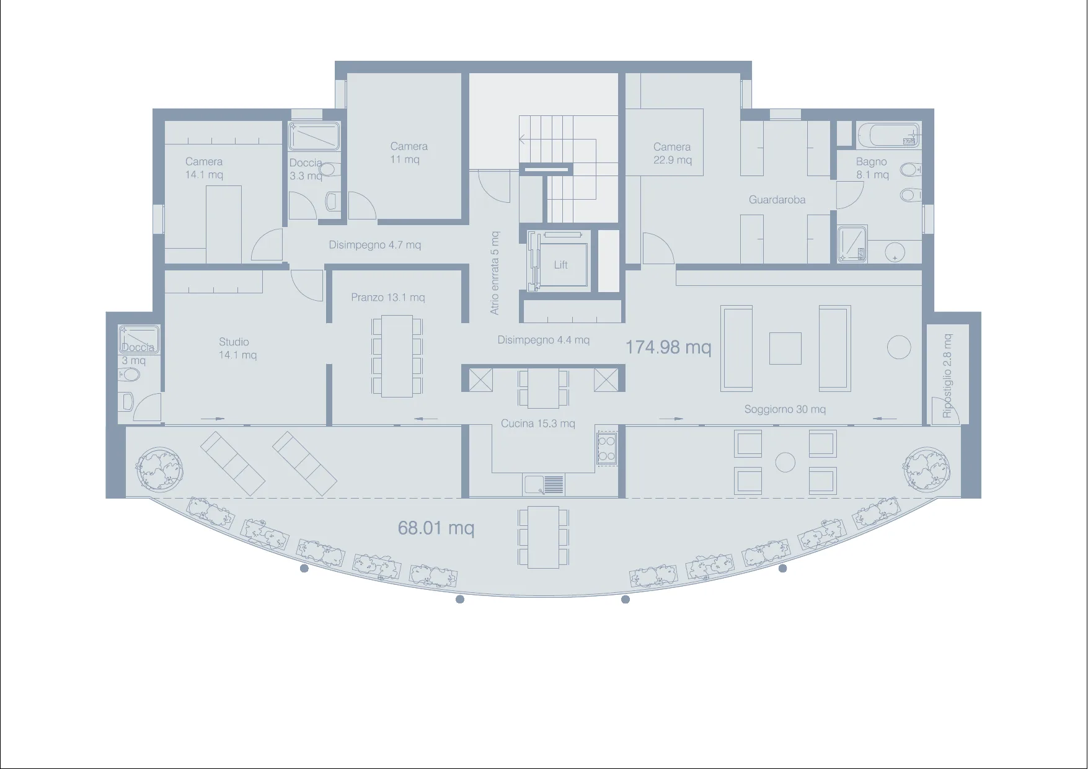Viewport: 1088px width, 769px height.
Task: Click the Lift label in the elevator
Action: coord(560,265)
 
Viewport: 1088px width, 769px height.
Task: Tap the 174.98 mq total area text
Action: coord(668,347)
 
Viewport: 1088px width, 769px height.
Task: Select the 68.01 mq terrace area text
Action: coord(436,528)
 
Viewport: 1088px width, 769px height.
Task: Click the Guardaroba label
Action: coord(777,200)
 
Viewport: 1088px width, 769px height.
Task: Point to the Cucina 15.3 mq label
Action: coord(538,424)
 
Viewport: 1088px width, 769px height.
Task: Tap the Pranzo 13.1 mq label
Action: coord(388,298)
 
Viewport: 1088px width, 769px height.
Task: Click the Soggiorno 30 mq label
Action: coord(785,409)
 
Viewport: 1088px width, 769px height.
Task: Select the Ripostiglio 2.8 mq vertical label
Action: coord(947,376)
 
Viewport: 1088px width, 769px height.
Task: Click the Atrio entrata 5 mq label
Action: coord(495,273)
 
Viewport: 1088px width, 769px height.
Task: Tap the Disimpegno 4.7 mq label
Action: coord(375,245)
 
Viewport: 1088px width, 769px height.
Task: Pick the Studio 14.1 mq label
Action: coord(237,349)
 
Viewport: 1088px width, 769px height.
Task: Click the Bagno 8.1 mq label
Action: coord(872,168)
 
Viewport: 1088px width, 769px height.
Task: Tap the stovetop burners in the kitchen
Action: coord(606,448)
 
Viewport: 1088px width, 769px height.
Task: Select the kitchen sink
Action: coord(544,484)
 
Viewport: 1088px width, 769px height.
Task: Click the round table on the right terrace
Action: coord(785,462)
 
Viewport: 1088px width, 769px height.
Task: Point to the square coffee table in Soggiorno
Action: coord(785,348)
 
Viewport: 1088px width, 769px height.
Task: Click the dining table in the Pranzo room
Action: coord(397,356)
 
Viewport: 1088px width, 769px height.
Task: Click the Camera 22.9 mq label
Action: coord(672,153)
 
